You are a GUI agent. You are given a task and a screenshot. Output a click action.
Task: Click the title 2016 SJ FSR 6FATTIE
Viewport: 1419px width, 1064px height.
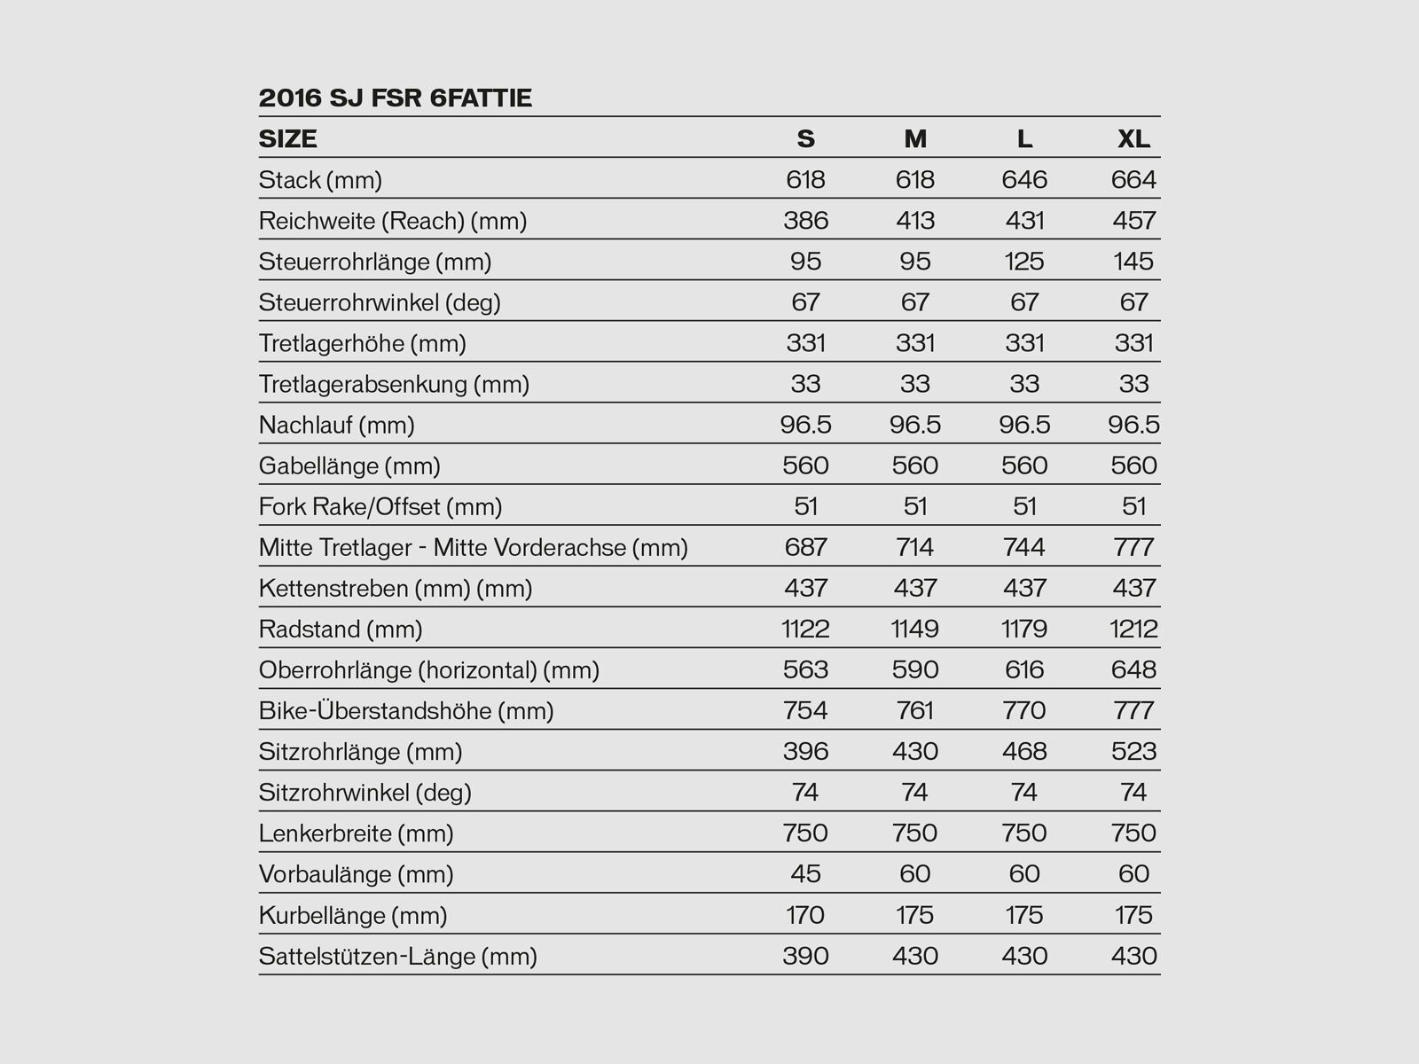(395, 98)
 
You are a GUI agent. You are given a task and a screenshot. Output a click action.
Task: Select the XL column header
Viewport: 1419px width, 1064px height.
(1133, 139)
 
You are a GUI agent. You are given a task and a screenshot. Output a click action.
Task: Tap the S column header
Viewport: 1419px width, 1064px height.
(805, 139)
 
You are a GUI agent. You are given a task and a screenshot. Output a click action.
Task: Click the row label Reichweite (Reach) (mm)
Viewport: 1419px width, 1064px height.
(392, 221)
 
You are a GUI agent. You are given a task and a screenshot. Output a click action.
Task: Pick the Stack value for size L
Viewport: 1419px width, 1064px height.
(1024, 180)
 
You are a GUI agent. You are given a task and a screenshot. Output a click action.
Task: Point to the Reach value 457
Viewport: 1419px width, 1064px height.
(1133, 221)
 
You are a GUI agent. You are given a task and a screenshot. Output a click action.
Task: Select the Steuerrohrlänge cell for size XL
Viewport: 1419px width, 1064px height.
(1133, 262)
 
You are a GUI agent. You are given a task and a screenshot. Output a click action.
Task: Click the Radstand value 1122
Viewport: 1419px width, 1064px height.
(805, 630)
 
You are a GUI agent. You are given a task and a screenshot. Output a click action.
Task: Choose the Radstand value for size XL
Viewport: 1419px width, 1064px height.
(1133, 630)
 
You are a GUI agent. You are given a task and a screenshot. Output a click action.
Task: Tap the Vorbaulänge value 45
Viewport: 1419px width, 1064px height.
(805, 874)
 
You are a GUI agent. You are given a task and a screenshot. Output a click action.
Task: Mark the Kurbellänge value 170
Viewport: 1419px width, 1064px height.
(805, 915)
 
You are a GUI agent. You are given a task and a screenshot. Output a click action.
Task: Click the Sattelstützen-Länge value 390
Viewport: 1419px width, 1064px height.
(805, 956)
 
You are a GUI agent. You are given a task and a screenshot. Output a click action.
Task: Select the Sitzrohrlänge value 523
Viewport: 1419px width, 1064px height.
(1133, 752)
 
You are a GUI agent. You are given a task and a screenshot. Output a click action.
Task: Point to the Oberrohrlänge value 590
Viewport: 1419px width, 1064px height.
(914, 670)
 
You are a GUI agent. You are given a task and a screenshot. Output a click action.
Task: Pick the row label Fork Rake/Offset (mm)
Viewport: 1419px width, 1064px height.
(380, 507)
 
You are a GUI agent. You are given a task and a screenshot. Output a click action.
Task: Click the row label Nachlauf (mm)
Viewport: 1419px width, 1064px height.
(336, 426)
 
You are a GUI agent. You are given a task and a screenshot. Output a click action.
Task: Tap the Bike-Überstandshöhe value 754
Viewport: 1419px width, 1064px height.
(805, 711)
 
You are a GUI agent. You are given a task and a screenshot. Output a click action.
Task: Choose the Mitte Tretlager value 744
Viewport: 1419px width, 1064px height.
(1024, 548)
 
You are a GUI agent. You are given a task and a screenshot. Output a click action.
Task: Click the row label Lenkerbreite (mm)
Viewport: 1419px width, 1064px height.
(356, 833)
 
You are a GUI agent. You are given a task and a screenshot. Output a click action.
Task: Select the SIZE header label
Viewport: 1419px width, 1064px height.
(287, 139)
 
